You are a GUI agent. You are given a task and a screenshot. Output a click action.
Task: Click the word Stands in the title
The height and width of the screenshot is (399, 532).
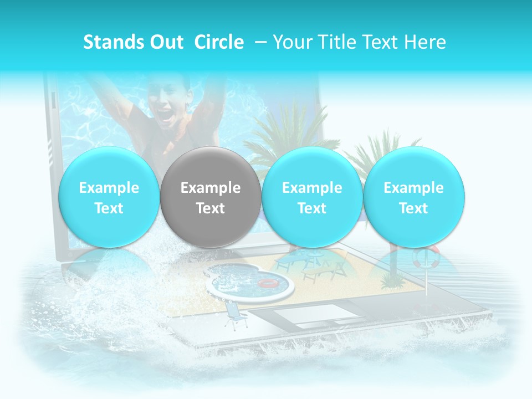109,42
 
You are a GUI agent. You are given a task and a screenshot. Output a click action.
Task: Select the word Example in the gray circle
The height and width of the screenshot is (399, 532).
211,188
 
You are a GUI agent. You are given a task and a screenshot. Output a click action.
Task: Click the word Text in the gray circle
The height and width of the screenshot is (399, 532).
211,208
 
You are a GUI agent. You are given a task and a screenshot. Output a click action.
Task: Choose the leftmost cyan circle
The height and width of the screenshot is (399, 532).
109,197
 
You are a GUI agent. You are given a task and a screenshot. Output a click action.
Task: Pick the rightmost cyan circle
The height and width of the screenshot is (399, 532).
413,197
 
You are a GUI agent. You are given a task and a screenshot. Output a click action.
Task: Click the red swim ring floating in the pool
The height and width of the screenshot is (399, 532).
269,283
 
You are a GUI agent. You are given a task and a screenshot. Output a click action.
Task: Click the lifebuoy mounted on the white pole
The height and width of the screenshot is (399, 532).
426,256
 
